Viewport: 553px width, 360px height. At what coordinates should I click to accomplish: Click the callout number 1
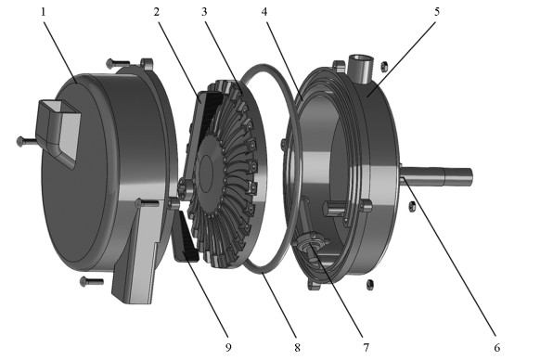(x=44, y=12)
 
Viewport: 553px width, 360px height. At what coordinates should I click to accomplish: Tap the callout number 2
(x=157, y=12)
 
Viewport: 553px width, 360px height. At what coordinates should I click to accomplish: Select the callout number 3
(x=204, y=12)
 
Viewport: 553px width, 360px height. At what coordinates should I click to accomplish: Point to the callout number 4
(x=264, y=12)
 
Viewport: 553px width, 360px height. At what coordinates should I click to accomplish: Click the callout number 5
(x=437, y=12)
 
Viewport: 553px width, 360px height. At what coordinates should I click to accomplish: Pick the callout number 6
(x=497, y=348)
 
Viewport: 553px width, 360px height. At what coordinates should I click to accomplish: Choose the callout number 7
(x=367, y=348)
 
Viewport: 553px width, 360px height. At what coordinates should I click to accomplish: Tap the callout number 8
(x=297, y=348)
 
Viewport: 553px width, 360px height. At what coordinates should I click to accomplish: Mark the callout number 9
(x=228, y=348)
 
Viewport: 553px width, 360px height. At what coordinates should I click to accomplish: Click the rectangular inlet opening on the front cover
(x=59, y=131)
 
